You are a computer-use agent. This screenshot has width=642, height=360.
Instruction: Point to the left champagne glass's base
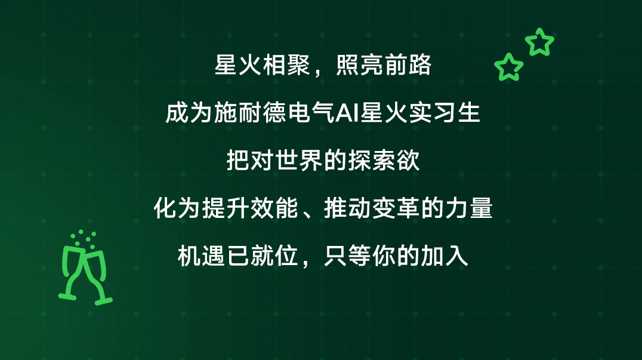click(x=67, y=296)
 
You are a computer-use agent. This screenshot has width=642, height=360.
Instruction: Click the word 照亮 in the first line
click(x=360, y=64)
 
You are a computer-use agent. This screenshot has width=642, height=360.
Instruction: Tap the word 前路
click(x=408, y=64)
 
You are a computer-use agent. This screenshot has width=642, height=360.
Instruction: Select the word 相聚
click(x=286, y=64)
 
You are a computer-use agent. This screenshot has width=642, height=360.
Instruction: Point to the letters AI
click(x=347, y=113)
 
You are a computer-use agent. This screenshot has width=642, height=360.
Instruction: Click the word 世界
click(x=299, y=160)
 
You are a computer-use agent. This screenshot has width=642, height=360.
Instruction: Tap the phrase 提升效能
click(x=250, y=208)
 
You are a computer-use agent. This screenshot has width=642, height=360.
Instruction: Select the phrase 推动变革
click(x=372, y=208)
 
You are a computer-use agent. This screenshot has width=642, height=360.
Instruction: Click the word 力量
click(x=469, y=208)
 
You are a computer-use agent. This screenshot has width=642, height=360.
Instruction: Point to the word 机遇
click(x=202, y=256)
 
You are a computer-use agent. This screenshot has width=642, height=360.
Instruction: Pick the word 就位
click(x=274, y=256)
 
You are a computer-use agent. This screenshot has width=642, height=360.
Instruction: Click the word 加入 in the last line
click(x=445, y=256)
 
